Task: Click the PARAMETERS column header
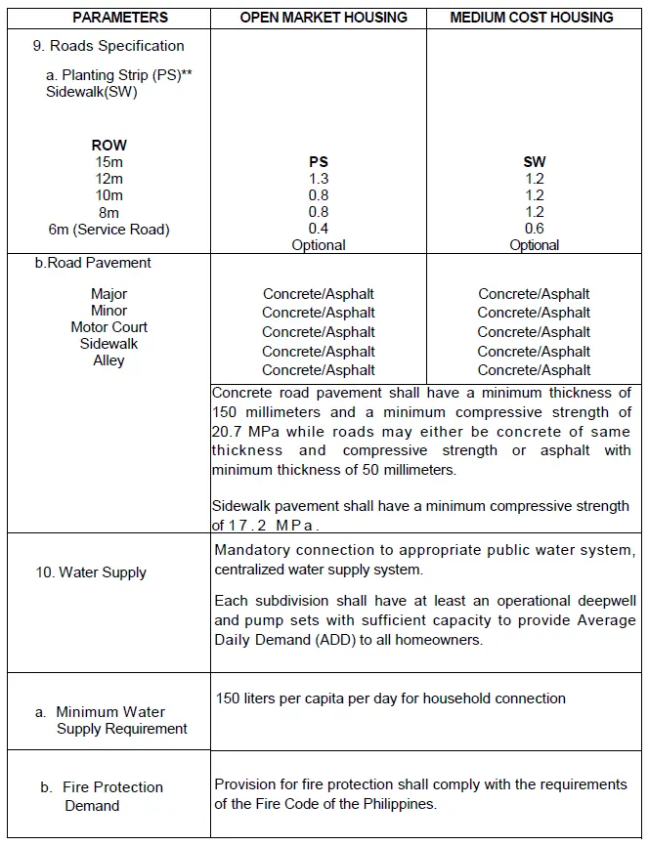[120, 18]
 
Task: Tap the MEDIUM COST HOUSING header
[532, 18]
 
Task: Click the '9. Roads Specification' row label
[108, 46]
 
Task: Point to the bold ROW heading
[109, 146]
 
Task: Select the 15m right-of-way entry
[109, 162]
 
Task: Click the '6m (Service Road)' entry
[109, 230]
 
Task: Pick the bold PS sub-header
[319, 162]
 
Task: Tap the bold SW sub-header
[535, 162]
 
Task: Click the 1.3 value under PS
[319, 179]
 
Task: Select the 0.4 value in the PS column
[319, 229]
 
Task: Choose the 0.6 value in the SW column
[535, 229]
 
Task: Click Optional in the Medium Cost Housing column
[535, 245]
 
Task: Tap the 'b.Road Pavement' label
[93, 263]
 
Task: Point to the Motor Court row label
[109, 327]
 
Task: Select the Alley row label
[109, 360]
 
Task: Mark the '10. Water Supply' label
[91, 572]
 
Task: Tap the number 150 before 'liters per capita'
[229, 698]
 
